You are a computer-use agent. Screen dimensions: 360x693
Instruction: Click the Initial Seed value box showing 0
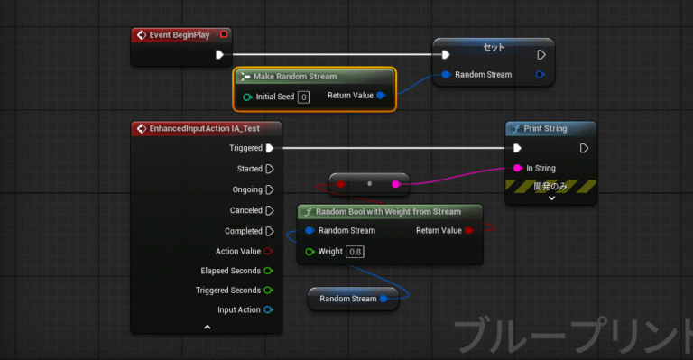(x=303, y=97)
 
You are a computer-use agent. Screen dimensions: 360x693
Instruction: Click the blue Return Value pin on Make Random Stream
(x=380, y=96)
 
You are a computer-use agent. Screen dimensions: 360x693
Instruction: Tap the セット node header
(x=494, y=46)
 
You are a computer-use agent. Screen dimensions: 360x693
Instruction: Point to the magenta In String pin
(x=517, y=168)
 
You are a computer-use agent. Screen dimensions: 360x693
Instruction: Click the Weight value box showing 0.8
(x=356, y=251)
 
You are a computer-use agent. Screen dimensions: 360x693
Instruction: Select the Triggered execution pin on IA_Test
(x=269, y=148)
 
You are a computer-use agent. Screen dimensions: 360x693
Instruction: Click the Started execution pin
(x=269, y=169)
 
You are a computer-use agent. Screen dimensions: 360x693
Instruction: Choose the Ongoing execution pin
(x=269, y=189)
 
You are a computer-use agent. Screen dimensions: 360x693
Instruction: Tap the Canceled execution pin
(x=269, y=210)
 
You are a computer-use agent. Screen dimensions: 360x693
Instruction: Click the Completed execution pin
(x=269, y=231)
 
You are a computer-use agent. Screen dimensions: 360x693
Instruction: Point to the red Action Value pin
(x=269, y=251)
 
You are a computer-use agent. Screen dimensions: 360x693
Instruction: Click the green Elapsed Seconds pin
(x=269, y=271)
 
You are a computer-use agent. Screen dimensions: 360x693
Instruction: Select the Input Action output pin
(x=269, y=310)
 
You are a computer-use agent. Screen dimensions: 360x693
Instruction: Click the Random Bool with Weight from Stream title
(x=389, y=212)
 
